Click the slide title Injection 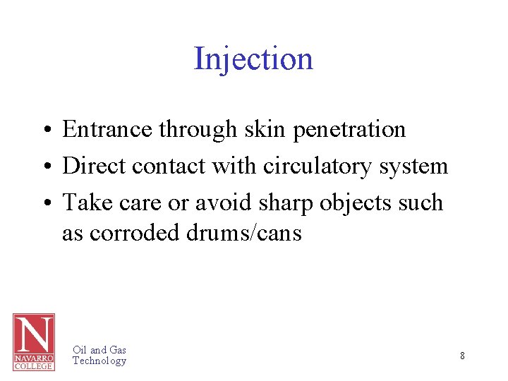[253, 59]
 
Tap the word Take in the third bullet [83, 202]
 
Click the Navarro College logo [33, 341]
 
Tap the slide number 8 [462, 356]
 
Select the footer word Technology [99, 361]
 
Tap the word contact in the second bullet [159, 167]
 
